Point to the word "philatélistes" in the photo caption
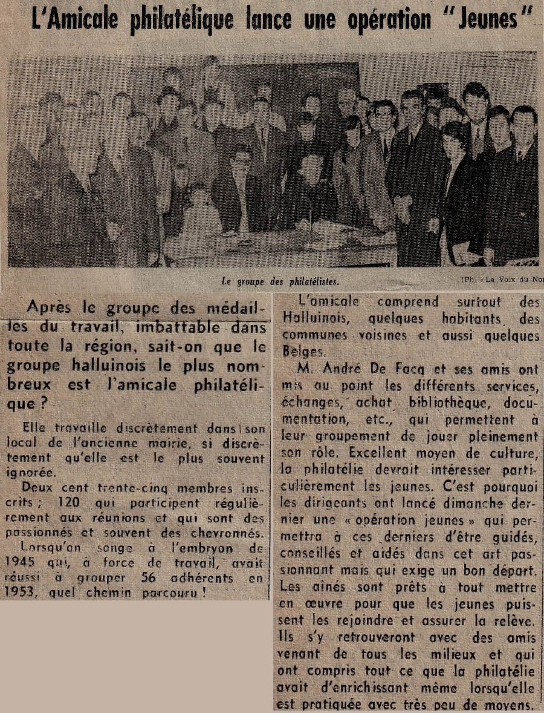309,280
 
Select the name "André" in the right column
342,370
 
